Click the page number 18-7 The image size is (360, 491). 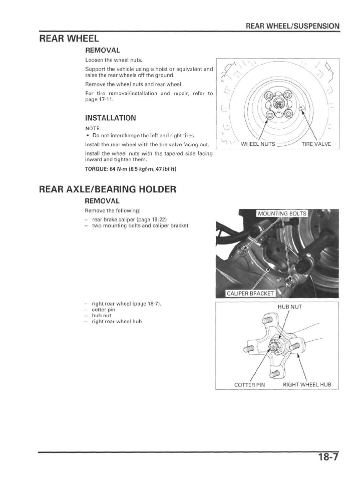tap(328, 457)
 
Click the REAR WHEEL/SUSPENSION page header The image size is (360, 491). tap(292, 26)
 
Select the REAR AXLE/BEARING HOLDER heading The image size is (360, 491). tap(108, 189)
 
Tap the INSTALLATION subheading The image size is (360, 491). tap(110, 118)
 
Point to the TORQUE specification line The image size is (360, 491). tap(131, 168)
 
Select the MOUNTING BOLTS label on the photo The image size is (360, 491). tap(282, 213)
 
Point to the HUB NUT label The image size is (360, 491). tap(290, 306)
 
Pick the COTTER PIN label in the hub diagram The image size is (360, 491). tap(249, 385)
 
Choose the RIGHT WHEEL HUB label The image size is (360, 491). tap(307, 385)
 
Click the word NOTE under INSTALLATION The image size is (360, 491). tap(91, 128)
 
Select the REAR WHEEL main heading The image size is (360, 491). tap(69, 39)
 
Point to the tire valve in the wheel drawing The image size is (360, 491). tap(301, 108)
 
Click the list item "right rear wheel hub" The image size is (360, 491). tap(117, 321)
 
